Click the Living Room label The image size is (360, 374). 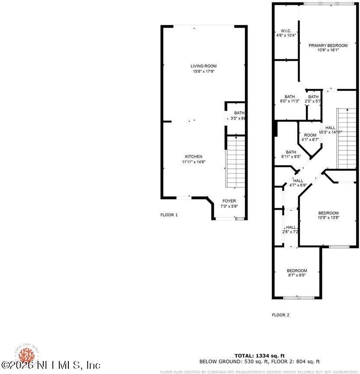pos(203,68)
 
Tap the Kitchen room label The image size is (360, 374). pos(193,159)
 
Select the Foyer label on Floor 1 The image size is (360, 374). pos(229,203)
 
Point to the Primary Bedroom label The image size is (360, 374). pos(328,48)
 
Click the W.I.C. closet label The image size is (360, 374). pos(286,33)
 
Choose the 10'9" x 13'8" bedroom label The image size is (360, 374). pos(328,215)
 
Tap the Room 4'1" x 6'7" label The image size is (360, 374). pos(310,137)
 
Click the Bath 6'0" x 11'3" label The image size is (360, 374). pos(289,99)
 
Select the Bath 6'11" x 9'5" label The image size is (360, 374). pos(291,154)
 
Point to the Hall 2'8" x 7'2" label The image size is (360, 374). pos(291,229)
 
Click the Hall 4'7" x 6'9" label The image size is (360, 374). pos(298,183)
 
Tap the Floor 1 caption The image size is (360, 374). pos(169,215)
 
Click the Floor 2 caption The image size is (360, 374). pos(280,315)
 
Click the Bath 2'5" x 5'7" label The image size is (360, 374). pos(313,99)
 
